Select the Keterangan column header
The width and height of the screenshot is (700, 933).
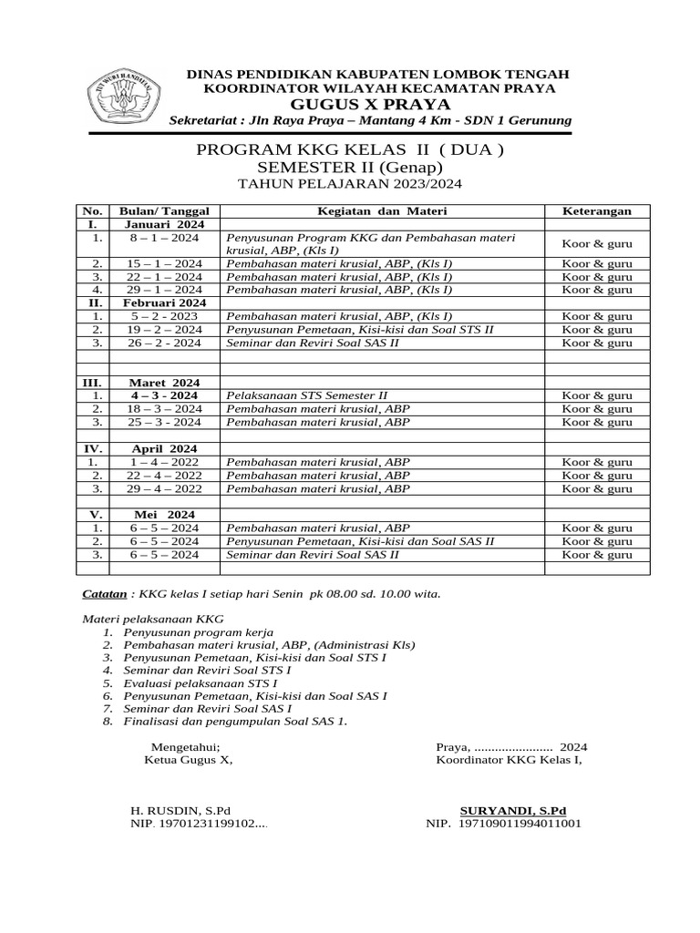pyautogui.click(x=596, y=210)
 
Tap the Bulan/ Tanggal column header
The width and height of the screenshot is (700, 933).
pyautogui.click(x=164, y=210)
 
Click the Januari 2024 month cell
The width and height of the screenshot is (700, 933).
pyautogui.click(x=164, y=224)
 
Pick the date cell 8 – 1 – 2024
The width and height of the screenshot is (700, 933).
pyautogui.click(x=164, y=238)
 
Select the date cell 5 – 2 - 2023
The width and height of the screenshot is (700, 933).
pyautogui.click(x=164, y=316)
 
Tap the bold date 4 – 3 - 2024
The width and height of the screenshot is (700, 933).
pyautogui.click(x=164, y=396)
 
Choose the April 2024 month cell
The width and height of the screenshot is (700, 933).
pyautogui.click(x=164, y=449)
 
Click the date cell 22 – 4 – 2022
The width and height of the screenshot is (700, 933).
pyautogui.click(x=164, y=476)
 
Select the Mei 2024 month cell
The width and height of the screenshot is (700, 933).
pyautogui.click(x=164, y=515)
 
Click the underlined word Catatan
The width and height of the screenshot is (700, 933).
pyautogui.click(x=105, y=594)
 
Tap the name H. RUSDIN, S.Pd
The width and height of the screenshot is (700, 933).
pyautogui.click(x=181, y=810)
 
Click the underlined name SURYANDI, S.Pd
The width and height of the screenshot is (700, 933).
pyautogui.click(x=513, y=810)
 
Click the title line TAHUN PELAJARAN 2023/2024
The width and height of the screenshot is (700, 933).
pyautogui.click(x=349, y=184)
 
